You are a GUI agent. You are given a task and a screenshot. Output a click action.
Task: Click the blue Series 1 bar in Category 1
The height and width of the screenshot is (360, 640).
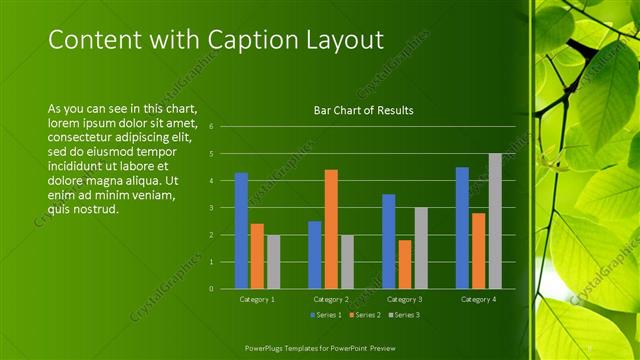coord(241,230)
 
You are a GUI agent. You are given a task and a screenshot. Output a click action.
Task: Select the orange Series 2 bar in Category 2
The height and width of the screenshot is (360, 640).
coord(331,229)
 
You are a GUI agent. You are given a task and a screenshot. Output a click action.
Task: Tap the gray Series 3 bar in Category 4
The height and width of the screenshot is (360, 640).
coord(495,221)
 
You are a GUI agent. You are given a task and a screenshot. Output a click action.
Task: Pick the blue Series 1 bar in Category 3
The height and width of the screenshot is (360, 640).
coord(388,241)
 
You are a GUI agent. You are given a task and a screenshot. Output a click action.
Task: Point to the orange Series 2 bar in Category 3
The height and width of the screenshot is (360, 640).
coord(404,264)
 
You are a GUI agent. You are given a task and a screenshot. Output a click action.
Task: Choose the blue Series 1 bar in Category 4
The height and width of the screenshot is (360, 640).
coord(462,227)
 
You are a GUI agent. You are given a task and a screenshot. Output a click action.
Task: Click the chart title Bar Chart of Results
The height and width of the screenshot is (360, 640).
coord(364,110)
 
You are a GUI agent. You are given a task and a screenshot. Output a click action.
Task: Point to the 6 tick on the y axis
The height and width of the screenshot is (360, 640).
coord(212,127)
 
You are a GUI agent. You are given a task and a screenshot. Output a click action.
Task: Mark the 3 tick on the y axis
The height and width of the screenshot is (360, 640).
coord(212,208)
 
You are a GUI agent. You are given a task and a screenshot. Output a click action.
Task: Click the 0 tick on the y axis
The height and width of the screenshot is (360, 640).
coord(212,288)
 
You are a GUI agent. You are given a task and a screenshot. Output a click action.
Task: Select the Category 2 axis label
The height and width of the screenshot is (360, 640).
coord(331,299)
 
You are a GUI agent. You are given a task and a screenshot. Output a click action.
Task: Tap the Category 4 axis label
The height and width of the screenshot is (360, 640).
coord(478,299)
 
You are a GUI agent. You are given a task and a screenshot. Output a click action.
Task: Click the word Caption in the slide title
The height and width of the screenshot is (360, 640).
coord(245,40)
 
